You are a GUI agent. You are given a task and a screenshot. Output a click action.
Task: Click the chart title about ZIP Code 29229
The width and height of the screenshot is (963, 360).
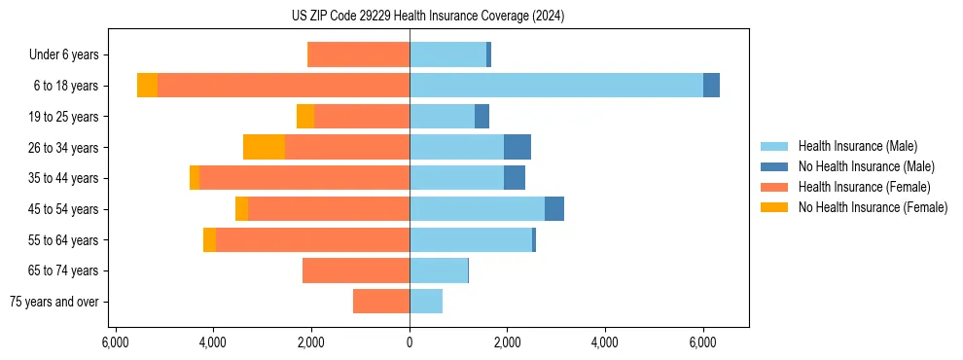[427, 17]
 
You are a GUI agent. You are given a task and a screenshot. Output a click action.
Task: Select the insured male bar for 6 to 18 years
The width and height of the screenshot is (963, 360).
[555, 86]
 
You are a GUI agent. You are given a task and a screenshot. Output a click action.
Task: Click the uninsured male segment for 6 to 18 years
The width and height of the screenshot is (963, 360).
[711, 86]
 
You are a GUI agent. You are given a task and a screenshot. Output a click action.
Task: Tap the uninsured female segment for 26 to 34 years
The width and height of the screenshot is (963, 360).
[264, 147]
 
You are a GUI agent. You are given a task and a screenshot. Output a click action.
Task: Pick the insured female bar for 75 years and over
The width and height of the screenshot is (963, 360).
[381, 302]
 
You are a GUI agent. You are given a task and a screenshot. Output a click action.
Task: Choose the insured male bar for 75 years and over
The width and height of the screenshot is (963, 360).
[426, 302]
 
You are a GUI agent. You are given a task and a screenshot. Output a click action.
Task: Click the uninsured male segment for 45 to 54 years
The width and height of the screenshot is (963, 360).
[554, 209]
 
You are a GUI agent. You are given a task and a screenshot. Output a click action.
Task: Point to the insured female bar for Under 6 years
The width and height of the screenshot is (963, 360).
[358, 55]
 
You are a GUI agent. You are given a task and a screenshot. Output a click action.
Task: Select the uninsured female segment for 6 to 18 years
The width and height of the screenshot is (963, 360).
[147, 86]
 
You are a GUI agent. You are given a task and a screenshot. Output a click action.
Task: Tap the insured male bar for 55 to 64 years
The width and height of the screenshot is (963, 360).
[471, 240]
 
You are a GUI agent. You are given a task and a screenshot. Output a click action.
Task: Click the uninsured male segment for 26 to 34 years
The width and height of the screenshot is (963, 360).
[517, 147]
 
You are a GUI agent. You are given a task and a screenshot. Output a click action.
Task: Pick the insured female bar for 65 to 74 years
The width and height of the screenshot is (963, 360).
[356, 270]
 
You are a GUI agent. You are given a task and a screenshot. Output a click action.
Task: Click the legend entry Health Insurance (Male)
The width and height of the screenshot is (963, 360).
[857, 146]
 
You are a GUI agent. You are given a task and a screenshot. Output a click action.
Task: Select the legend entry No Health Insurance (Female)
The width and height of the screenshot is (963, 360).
[873, 207]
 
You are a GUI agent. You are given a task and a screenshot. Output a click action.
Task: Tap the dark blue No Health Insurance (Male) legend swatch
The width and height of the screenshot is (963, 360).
[775, 166]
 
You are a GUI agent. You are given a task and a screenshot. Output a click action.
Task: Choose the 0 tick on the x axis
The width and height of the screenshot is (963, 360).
[410, 342]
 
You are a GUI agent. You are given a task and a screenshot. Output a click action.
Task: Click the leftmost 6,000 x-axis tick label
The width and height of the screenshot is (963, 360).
[116, 342]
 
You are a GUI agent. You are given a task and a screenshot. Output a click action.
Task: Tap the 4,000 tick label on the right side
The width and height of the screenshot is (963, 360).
[605, 342]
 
